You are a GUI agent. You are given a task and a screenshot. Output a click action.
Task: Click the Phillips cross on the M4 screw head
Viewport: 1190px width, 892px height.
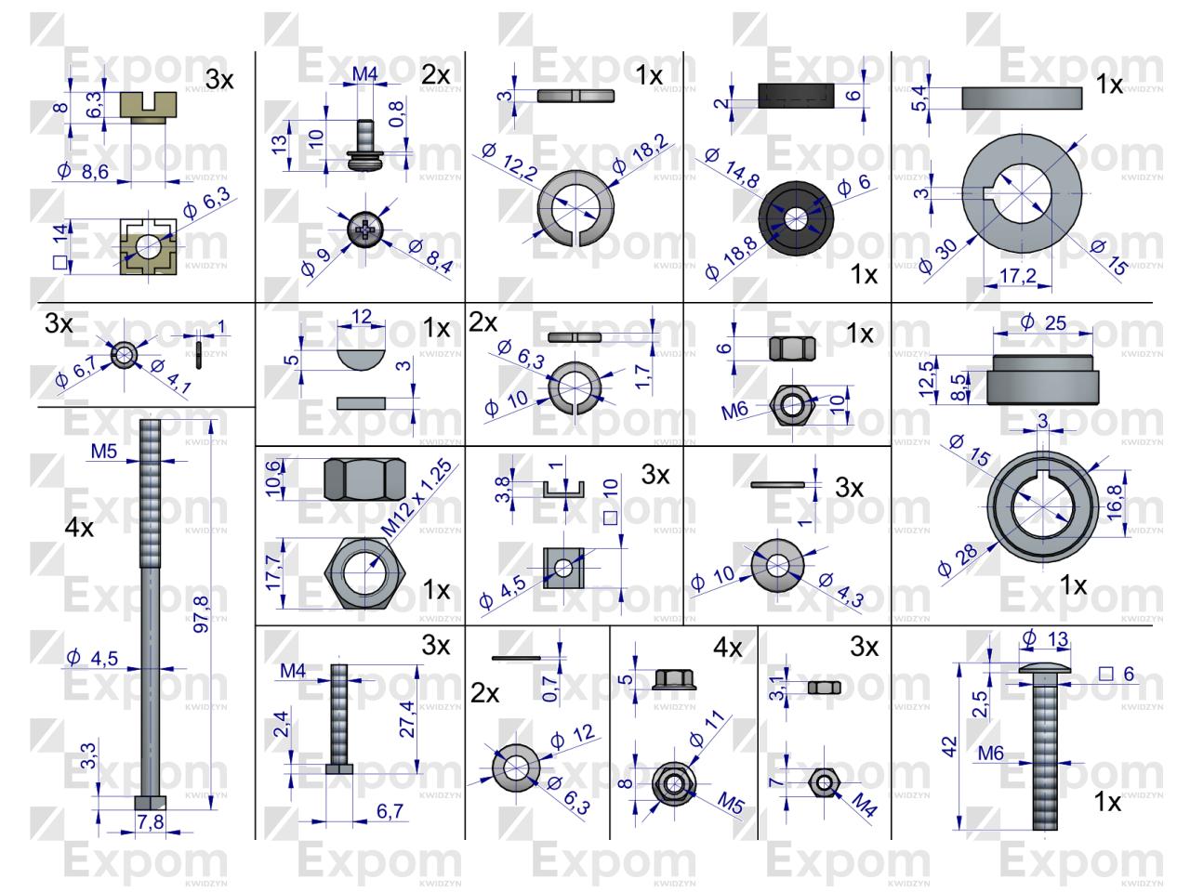pos(364,226)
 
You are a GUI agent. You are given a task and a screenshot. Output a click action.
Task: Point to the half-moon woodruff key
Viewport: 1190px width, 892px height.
pos(360,351)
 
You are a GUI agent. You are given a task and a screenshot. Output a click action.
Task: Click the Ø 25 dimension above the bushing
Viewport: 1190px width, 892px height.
pos(1041,322)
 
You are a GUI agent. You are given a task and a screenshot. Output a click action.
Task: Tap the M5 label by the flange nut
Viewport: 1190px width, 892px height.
pos(731,804)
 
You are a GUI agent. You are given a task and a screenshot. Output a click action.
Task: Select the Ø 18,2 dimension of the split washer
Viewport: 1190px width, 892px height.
pos(640,155)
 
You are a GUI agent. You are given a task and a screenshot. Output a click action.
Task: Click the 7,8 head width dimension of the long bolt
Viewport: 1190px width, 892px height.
pos(150,821)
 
